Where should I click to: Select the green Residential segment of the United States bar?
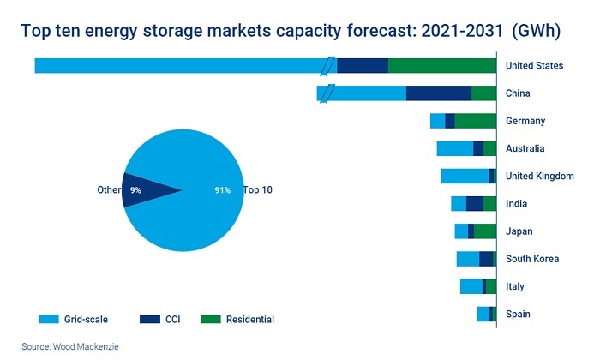click(442, 66)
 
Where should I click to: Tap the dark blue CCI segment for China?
click(438, 93)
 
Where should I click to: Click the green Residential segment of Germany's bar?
click(475, 121)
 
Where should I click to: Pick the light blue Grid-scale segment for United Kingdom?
click(465, 176)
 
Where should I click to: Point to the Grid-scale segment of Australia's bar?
click(454, 148)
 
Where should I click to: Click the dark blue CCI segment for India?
click(474, 203)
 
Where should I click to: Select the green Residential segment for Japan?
click(484, 231)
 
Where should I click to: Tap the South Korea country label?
click(532, 259)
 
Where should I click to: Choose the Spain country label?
click(518, 314)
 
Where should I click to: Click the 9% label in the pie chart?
click(135, 190)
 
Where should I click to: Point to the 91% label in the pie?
click(223, 190)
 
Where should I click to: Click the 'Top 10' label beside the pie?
click(258, 190)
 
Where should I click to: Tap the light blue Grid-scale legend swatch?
click(50, 319)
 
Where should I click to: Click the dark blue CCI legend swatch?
click(150, 319)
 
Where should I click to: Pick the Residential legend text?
click(249, 319)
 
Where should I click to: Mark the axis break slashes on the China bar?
click(322, 93)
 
